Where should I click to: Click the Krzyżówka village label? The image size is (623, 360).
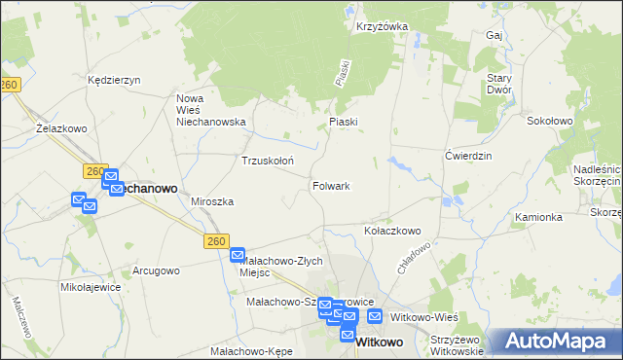382,27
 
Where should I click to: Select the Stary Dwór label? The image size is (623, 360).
499,83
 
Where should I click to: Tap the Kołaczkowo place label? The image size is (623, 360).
391,231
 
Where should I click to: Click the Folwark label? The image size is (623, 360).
331,185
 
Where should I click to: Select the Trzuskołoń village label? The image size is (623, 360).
268,161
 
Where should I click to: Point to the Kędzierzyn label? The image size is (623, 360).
115,80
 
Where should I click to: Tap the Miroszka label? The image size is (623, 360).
212,201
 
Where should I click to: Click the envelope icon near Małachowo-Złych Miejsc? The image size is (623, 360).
238,255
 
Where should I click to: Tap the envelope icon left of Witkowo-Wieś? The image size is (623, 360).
375,317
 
